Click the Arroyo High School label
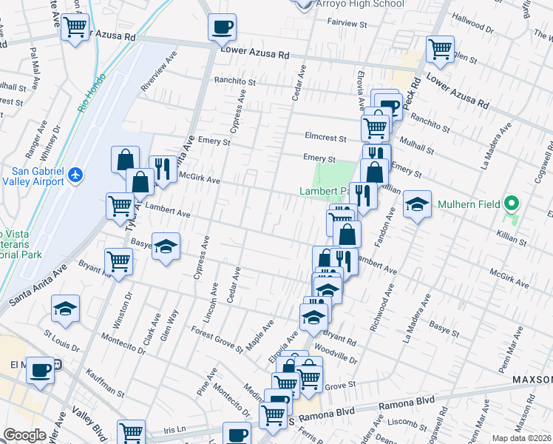click(358, 4)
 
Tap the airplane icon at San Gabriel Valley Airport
click(74, 175)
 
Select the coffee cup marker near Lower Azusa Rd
click(223, 29)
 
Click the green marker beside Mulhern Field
click(511, 203)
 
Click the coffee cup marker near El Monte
click(40, 369)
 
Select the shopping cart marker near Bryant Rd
click(118, 260)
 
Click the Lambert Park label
click(324, 191)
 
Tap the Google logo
click(24, 435)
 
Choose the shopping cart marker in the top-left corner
click(75, 28)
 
